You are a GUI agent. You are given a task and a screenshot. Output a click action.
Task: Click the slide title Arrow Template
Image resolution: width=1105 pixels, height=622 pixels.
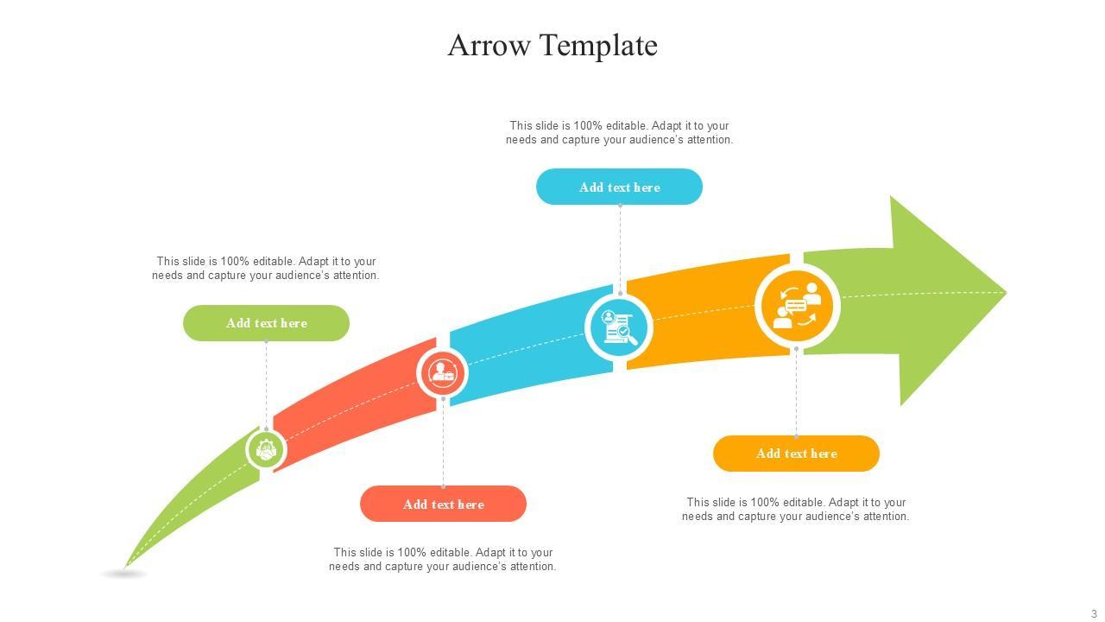552,45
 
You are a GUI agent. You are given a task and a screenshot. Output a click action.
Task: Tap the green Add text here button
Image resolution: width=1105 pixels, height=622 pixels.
266,323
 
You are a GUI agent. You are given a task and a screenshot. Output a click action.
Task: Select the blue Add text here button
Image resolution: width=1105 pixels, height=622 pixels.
619,187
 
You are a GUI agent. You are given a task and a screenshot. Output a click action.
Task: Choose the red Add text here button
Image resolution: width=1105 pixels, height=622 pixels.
443,504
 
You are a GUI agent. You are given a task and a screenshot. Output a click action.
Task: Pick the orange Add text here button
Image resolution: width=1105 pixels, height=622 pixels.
796,454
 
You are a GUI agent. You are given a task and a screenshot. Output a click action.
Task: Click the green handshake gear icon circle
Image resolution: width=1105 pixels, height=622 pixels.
266,450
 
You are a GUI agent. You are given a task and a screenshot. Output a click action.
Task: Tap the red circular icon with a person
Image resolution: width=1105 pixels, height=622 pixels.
443,373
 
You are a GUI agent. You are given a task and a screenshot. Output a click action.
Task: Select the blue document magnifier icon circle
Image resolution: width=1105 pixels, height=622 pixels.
619,327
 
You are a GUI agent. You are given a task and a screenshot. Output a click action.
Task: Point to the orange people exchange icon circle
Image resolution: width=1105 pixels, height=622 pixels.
797,305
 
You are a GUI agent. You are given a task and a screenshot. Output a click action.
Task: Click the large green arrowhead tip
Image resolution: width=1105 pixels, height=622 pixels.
950,294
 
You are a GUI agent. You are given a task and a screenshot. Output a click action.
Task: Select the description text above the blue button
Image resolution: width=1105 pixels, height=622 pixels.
619,132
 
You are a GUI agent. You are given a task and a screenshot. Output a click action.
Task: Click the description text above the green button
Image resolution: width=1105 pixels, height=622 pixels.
266,268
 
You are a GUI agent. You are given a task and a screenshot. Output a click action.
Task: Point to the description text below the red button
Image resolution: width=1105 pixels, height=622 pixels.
443,559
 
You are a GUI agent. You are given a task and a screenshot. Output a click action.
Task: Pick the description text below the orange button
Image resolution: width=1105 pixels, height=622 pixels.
796,509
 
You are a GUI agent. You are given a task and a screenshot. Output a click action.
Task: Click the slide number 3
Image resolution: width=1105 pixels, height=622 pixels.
1094,614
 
